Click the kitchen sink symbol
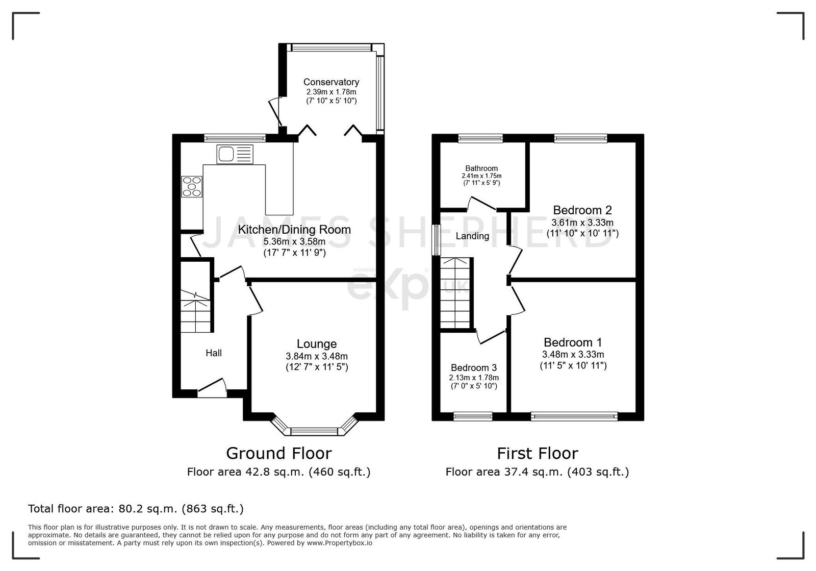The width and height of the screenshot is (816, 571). point(235,154)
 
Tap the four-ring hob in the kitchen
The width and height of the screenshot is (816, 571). point(192,187)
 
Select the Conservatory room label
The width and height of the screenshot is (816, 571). point(331,82)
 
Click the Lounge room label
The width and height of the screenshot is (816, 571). point(317,343)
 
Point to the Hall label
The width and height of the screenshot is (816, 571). point(214,353)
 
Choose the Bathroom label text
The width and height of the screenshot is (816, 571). point(481,168)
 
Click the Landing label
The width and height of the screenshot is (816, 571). point(472,236)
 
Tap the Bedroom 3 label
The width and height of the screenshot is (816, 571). point(474,368)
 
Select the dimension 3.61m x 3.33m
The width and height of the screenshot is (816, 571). point(582,222)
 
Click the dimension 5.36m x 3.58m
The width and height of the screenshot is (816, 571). point(294,241)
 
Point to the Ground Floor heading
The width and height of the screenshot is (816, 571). point(278,453)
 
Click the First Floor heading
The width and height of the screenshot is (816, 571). point(538,453)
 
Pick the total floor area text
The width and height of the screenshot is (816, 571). point(136,509)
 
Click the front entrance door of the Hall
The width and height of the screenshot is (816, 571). point(212,388)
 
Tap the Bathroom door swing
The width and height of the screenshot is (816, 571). point(481,203)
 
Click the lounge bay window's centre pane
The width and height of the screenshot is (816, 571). point(314,432)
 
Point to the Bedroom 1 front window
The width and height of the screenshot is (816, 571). point(574,416)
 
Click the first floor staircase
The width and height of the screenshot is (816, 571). point(456,294)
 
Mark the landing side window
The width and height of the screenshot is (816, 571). point(436,240)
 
